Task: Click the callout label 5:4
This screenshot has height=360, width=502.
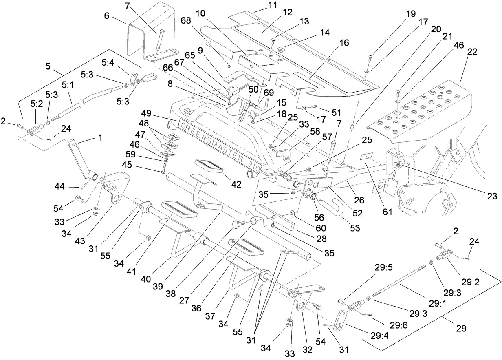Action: (x=108, y=62)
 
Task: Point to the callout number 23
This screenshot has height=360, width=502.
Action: (x=492, y=197)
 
